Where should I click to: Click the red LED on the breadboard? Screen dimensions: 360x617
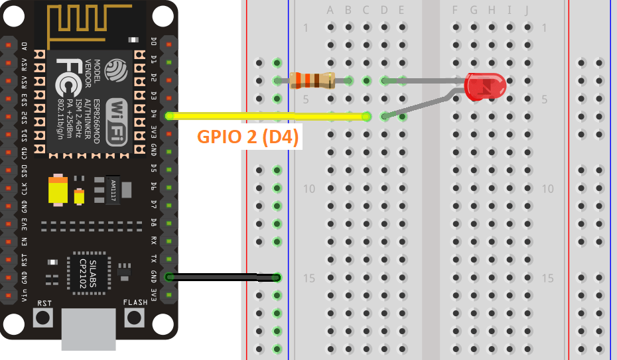[485, 87]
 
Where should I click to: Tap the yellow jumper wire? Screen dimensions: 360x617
[265, 117]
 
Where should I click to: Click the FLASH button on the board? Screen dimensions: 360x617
[135, 317]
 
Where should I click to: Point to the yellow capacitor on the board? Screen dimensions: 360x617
[58, 191]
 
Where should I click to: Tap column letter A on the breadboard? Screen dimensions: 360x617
[330, 10]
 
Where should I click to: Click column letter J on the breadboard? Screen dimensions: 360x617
[527, 10]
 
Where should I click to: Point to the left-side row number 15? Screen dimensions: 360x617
[309, 278]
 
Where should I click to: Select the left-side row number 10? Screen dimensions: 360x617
[309, 189]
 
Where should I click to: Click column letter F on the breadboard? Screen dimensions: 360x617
[455, 10]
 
